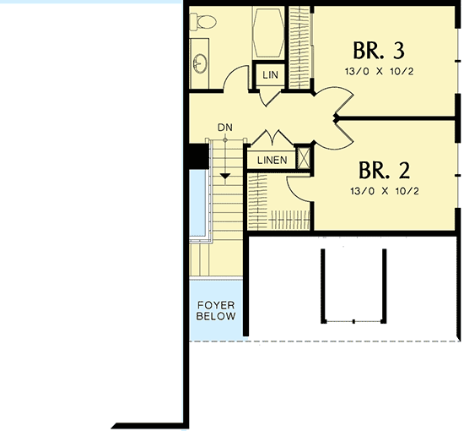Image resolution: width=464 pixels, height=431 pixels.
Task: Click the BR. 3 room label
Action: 379,47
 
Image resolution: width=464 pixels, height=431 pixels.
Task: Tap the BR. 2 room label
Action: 379,171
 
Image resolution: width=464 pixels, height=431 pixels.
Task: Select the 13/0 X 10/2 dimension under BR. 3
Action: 379,71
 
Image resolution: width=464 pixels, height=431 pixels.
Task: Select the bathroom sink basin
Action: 200,63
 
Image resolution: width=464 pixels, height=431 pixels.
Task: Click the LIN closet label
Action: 270,75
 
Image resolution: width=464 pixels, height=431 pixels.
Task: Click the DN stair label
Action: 224,128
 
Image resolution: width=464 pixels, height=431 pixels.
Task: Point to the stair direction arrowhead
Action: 224,175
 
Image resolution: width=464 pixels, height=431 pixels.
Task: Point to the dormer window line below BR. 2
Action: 352,321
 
